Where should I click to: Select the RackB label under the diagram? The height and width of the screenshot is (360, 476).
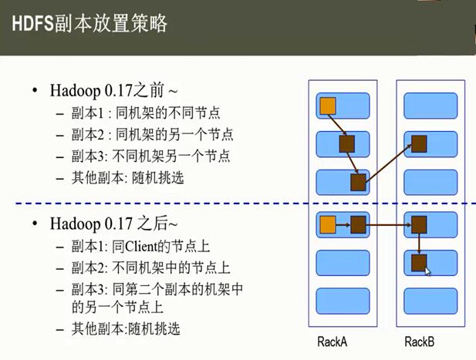[x=420, y=341]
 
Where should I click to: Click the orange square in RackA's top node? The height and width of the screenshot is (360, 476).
[x=327, y=106]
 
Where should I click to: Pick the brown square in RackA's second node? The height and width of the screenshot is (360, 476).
[x=346, y=143]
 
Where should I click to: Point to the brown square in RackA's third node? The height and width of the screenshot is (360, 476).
[x=358, y=182]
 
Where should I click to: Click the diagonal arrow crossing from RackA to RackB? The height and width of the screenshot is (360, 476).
[x=387, y=163]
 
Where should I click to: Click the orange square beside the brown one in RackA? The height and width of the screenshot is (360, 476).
[x=327, y=225]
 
